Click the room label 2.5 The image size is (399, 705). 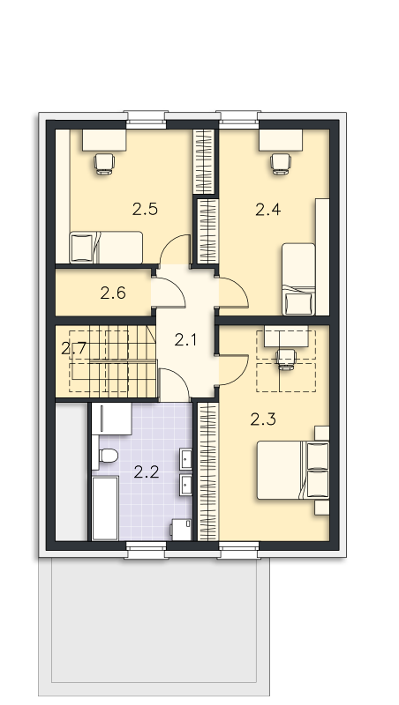[x=145, y=210]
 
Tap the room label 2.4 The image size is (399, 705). [x=268, y=210]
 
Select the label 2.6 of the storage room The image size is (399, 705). [x=113, y=293]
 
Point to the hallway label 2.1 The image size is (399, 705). [x=185, y=340]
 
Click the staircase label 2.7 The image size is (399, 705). [x=73, y=348]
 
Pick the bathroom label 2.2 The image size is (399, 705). [x=147, y=472]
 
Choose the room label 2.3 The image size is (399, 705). [x=263, y=419]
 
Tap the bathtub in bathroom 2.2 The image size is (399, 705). [x=105, y=508]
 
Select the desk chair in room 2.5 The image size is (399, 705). [x=104, y=164]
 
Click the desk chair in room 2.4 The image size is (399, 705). [x=281, y=164]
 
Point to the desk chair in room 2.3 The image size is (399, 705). [x=286, y=360]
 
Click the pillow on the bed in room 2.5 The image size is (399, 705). [x=82, y=248]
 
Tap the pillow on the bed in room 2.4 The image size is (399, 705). [x=298, y=302]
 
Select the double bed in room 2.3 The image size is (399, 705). [x=293, y=471]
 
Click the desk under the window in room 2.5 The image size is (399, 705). [x=104, y=140]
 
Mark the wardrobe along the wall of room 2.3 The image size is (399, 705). [x=207, y=471]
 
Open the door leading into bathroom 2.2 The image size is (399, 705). [x=174, y=385]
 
